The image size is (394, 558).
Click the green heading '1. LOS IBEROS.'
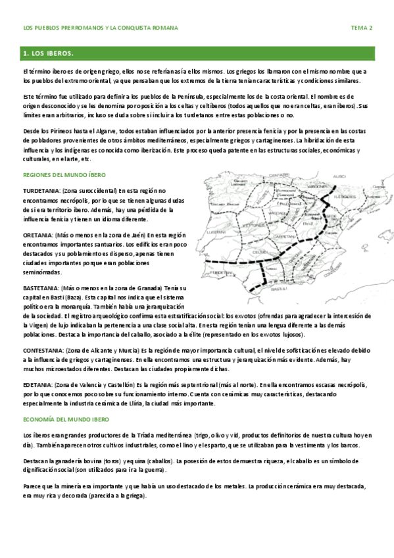click(x=47, y=52)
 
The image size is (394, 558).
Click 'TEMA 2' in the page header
click(x=361, y=28)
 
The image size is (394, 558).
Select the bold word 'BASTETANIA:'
click(x=41, y=288)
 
